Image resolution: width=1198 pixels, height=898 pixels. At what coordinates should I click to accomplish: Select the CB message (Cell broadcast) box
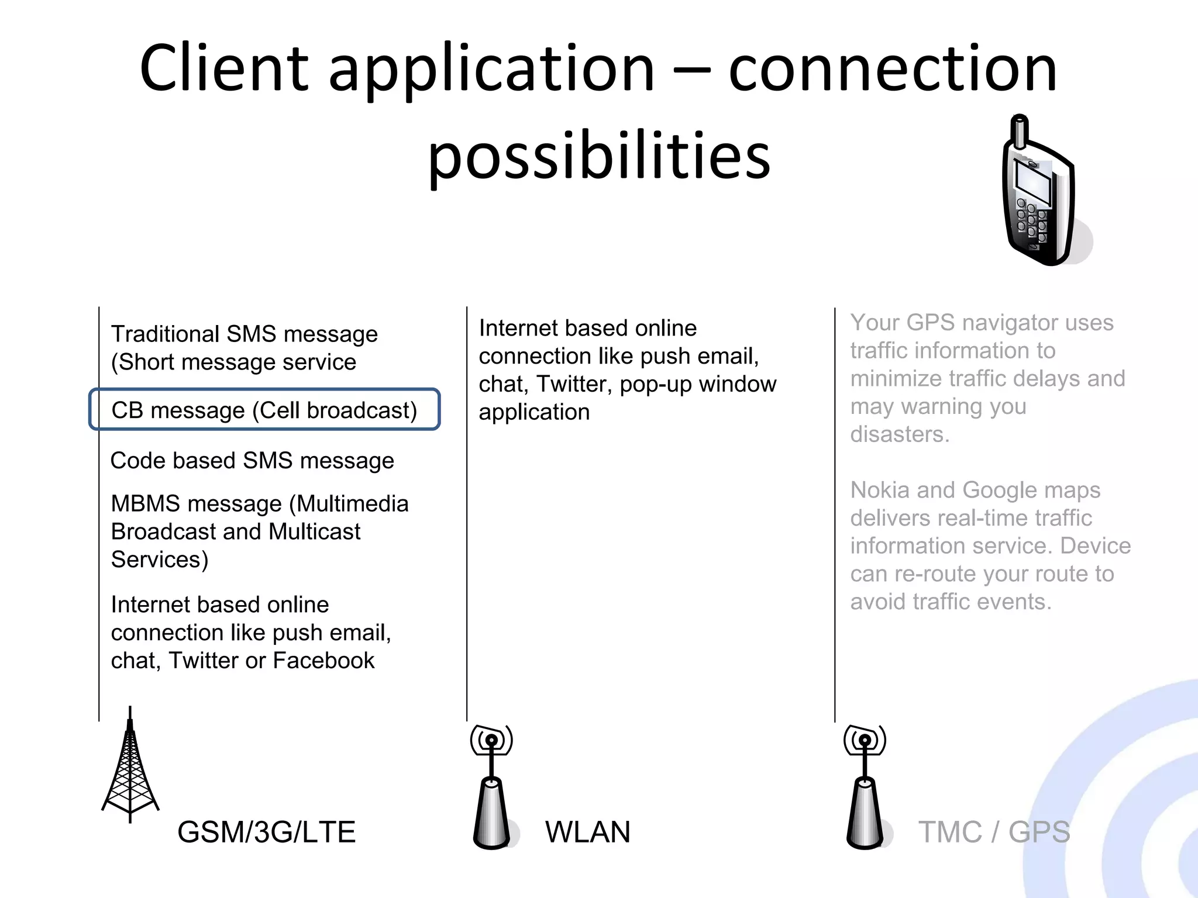pyautogui.click(x=264, y=410)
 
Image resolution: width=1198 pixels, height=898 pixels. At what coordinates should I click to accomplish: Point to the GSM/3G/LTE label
pyautogui.click(x=266, y=832)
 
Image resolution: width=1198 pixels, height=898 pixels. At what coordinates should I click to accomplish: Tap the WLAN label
pyautogui.click(x=587, y=832)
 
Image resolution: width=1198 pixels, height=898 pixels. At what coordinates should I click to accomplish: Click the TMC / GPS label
pyautogui.click(x=994, y=832)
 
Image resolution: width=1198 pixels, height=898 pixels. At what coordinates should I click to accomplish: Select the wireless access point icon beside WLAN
pyautogui.click(x=492, y=789)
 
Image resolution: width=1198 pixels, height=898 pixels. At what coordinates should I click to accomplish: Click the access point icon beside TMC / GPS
pyautogui.click(x=865, y=789)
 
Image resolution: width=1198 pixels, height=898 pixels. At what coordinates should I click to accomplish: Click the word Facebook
pyautogui.click(x=323, y=661)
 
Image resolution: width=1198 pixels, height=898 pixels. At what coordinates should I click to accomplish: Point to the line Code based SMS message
pyautogui.click(x=252, y=461)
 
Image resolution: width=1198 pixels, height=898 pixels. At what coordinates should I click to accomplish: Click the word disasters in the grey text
pyautogui.click(x=898, y=434)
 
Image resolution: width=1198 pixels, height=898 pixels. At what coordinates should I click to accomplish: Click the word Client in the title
pyautogui.click(x=224, y=68)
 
